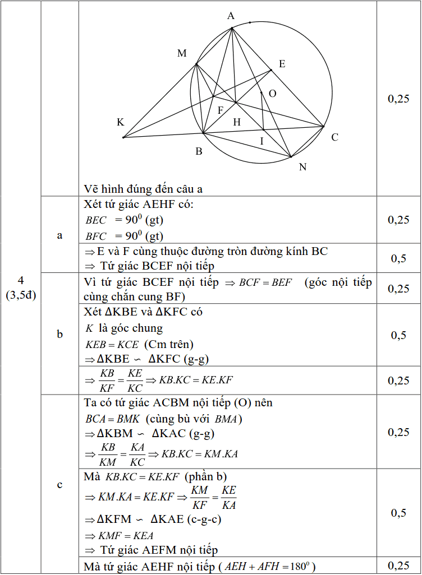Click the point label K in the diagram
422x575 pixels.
pos(121,122)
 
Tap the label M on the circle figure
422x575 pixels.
pos(182,53)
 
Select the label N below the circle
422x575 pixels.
pos(303,166)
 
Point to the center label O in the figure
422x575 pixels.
pos(272,94)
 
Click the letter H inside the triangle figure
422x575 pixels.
pos(237,122)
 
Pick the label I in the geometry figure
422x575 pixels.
pos(262,141)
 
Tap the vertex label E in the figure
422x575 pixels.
pos(282,64)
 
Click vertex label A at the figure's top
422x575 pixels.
pos(231,16)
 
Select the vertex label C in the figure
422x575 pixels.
pos(334,137)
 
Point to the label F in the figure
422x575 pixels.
pos(221,110)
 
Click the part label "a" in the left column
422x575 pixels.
pos(60,235)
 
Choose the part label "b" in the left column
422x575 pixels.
pos(60,335)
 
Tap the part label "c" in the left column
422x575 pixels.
pos(60,485)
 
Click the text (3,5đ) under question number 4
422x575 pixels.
pos(21,295)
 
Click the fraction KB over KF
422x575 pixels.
pos(108,381)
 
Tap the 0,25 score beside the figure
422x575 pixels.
pos(398,99)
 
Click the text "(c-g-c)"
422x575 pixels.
pos(203,519)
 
